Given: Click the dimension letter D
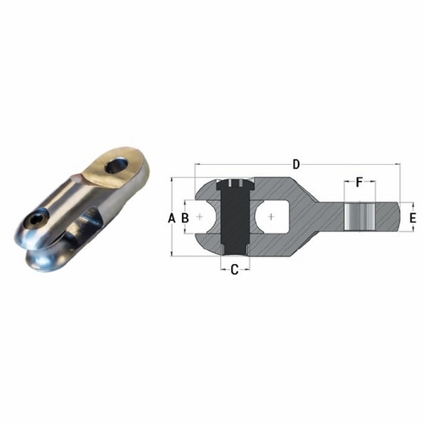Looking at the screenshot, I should click(295, 162).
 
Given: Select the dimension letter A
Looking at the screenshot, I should click(172, 217).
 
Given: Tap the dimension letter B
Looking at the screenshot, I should click(184, 217).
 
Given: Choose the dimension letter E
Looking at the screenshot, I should click(412, 218).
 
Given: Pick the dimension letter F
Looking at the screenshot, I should click(359, 183).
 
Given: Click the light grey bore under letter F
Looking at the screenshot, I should click(359, 217).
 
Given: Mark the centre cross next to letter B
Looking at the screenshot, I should click(200, 217).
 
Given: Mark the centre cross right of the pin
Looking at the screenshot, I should click(270, 217).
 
